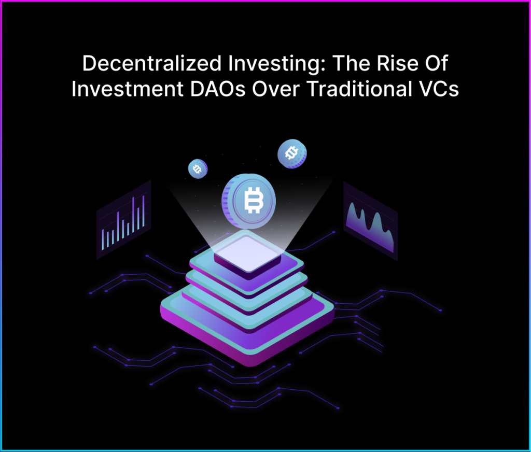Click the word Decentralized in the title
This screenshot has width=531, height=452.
[152, 63]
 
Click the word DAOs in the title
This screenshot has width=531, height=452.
[217, 89]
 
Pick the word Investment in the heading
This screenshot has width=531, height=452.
[128, 89]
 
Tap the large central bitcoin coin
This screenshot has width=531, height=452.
[248, 201]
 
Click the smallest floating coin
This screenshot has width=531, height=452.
[198, 168]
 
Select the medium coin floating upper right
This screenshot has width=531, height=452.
[292, 154]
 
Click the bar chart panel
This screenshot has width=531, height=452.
[123, 220]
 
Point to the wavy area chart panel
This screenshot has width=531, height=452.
[370, 221]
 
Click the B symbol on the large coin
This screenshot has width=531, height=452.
[253, 200]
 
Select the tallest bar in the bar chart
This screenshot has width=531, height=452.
[133, 214]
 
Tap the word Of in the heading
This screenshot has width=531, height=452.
[437, 63]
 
